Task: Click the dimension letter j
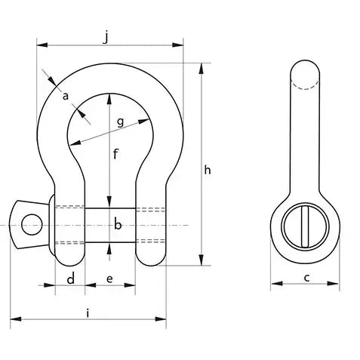pos(106,37)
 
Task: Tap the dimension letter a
pos(66,96)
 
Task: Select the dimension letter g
pos(121,122)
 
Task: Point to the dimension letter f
pos(115,154)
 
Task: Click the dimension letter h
pos(208,170)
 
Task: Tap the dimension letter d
pos(71,278)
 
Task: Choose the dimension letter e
pos(109,278)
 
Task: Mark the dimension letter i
pos(88,313)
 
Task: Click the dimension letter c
pos(306,278)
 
